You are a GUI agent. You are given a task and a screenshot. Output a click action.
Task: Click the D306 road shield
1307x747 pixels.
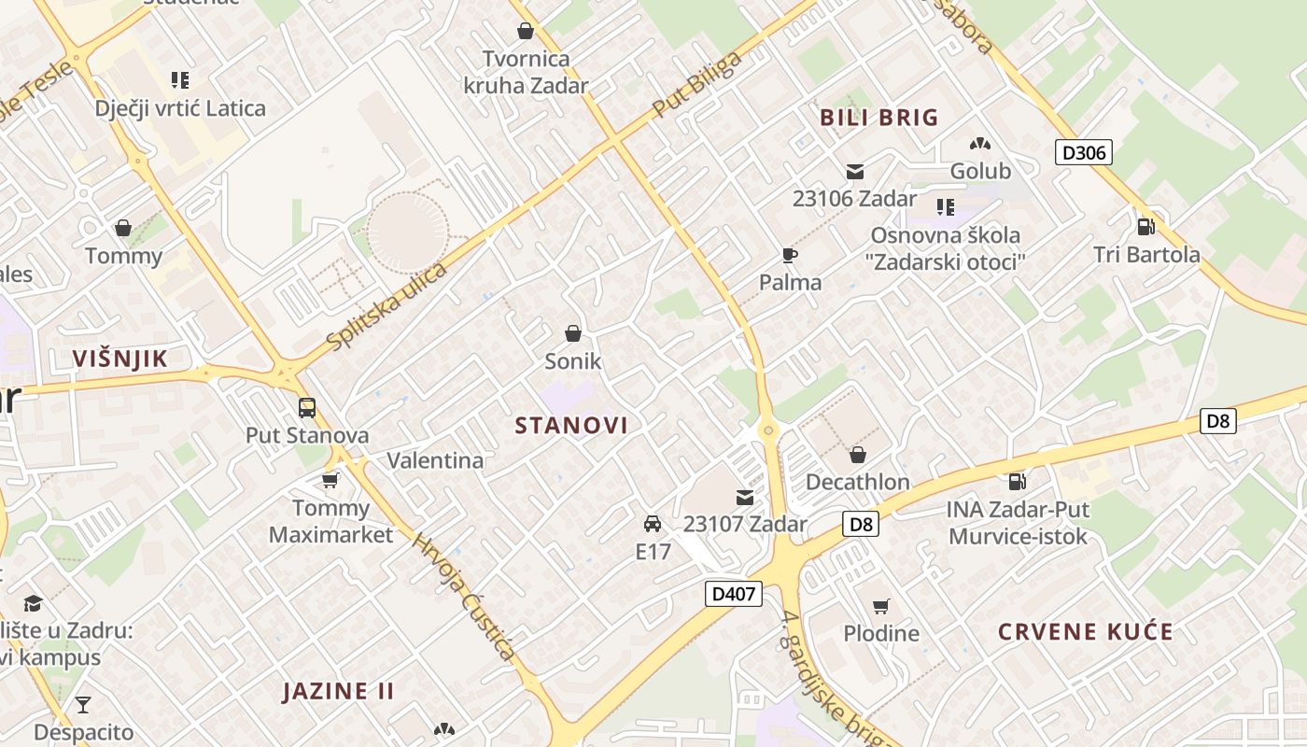pyautogui.click(x=1084, y=152)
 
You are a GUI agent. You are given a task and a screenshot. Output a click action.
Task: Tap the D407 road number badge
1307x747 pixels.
pyautogui.click(x=734, y=594)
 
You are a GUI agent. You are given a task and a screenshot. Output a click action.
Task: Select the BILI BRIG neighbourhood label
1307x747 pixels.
pyautogui.click(x=878, y=118)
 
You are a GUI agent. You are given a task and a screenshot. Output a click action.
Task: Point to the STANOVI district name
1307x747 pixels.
pyautogui.click(x=571, y=426)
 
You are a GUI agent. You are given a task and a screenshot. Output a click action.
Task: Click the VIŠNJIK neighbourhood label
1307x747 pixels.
pyautogui.click(x=120, y=359)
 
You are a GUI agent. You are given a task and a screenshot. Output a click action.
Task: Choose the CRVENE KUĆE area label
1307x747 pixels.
pyautogui.click(x=1086, y=632)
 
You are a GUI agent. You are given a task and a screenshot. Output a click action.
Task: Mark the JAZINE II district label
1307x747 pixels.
pyautogui.click(x=338, y=692)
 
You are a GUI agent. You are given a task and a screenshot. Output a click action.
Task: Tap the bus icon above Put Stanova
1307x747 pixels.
pyautogui.click(x=307, y=408)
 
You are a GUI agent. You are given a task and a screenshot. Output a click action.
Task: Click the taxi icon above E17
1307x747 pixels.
pyautogui.click(x=653, y=524)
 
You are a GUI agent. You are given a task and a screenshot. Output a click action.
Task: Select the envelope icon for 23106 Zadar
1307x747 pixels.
pyautogui.click(x=854, y=172)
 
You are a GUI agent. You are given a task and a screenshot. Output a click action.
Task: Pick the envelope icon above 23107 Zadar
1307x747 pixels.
pyautogui.click(x=744, y=498)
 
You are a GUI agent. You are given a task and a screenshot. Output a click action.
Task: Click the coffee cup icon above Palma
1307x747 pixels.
pyautogui.click(x=790, y=256)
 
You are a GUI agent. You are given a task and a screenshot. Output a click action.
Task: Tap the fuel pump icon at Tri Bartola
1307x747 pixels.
pyautogui.click(x=1145, y=227)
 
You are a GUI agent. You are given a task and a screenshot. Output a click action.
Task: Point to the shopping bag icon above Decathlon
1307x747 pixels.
pyautogui.click(x=857, y=456)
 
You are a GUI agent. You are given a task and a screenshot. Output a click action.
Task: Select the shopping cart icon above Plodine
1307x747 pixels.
pyautogui.click(x=880, y=607)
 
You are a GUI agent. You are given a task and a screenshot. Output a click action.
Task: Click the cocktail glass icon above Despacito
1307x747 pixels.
pyautogui.click(x=83, y=705)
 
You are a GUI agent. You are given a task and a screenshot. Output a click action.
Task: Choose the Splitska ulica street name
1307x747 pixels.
pyautogui.click(x=387, y=306)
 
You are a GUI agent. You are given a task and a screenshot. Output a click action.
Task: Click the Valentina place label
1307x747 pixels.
pyautogui.click(x=435, y=460)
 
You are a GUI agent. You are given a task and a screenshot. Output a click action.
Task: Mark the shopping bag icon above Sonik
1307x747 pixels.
pyautogui.click(x=572, y=333)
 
